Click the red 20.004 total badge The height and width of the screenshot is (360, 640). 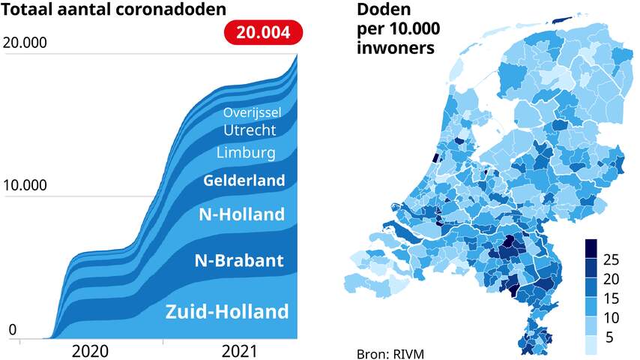(x=264, y=34)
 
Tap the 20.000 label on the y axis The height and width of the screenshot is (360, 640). (x=25, y=43)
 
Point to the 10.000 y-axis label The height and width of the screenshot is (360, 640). (x=25, y=185)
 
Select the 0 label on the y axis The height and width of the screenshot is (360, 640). (x=12, y=330)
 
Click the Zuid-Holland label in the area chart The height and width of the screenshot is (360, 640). (x=227, y=311)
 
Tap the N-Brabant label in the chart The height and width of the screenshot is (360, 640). (x=239, y=261)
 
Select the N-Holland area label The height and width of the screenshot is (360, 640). (x=241, y=214)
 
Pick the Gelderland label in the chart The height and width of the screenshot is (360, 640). (x=244, y=180)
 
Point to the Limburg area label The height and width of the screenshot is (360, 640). (x=246, y=153)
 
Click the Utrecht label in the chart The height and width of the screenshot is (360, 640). (x=250, y=130)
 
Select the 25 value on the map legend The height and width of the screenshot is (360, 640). (x=611, y=259)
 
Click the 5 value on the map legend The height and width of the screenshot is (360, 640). (x=609, y=337)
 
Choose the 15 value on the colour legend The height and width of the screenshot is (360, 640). (x=611, y=298)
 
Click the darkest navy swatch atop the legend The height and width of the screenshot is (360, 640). (x=591, y=247)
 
